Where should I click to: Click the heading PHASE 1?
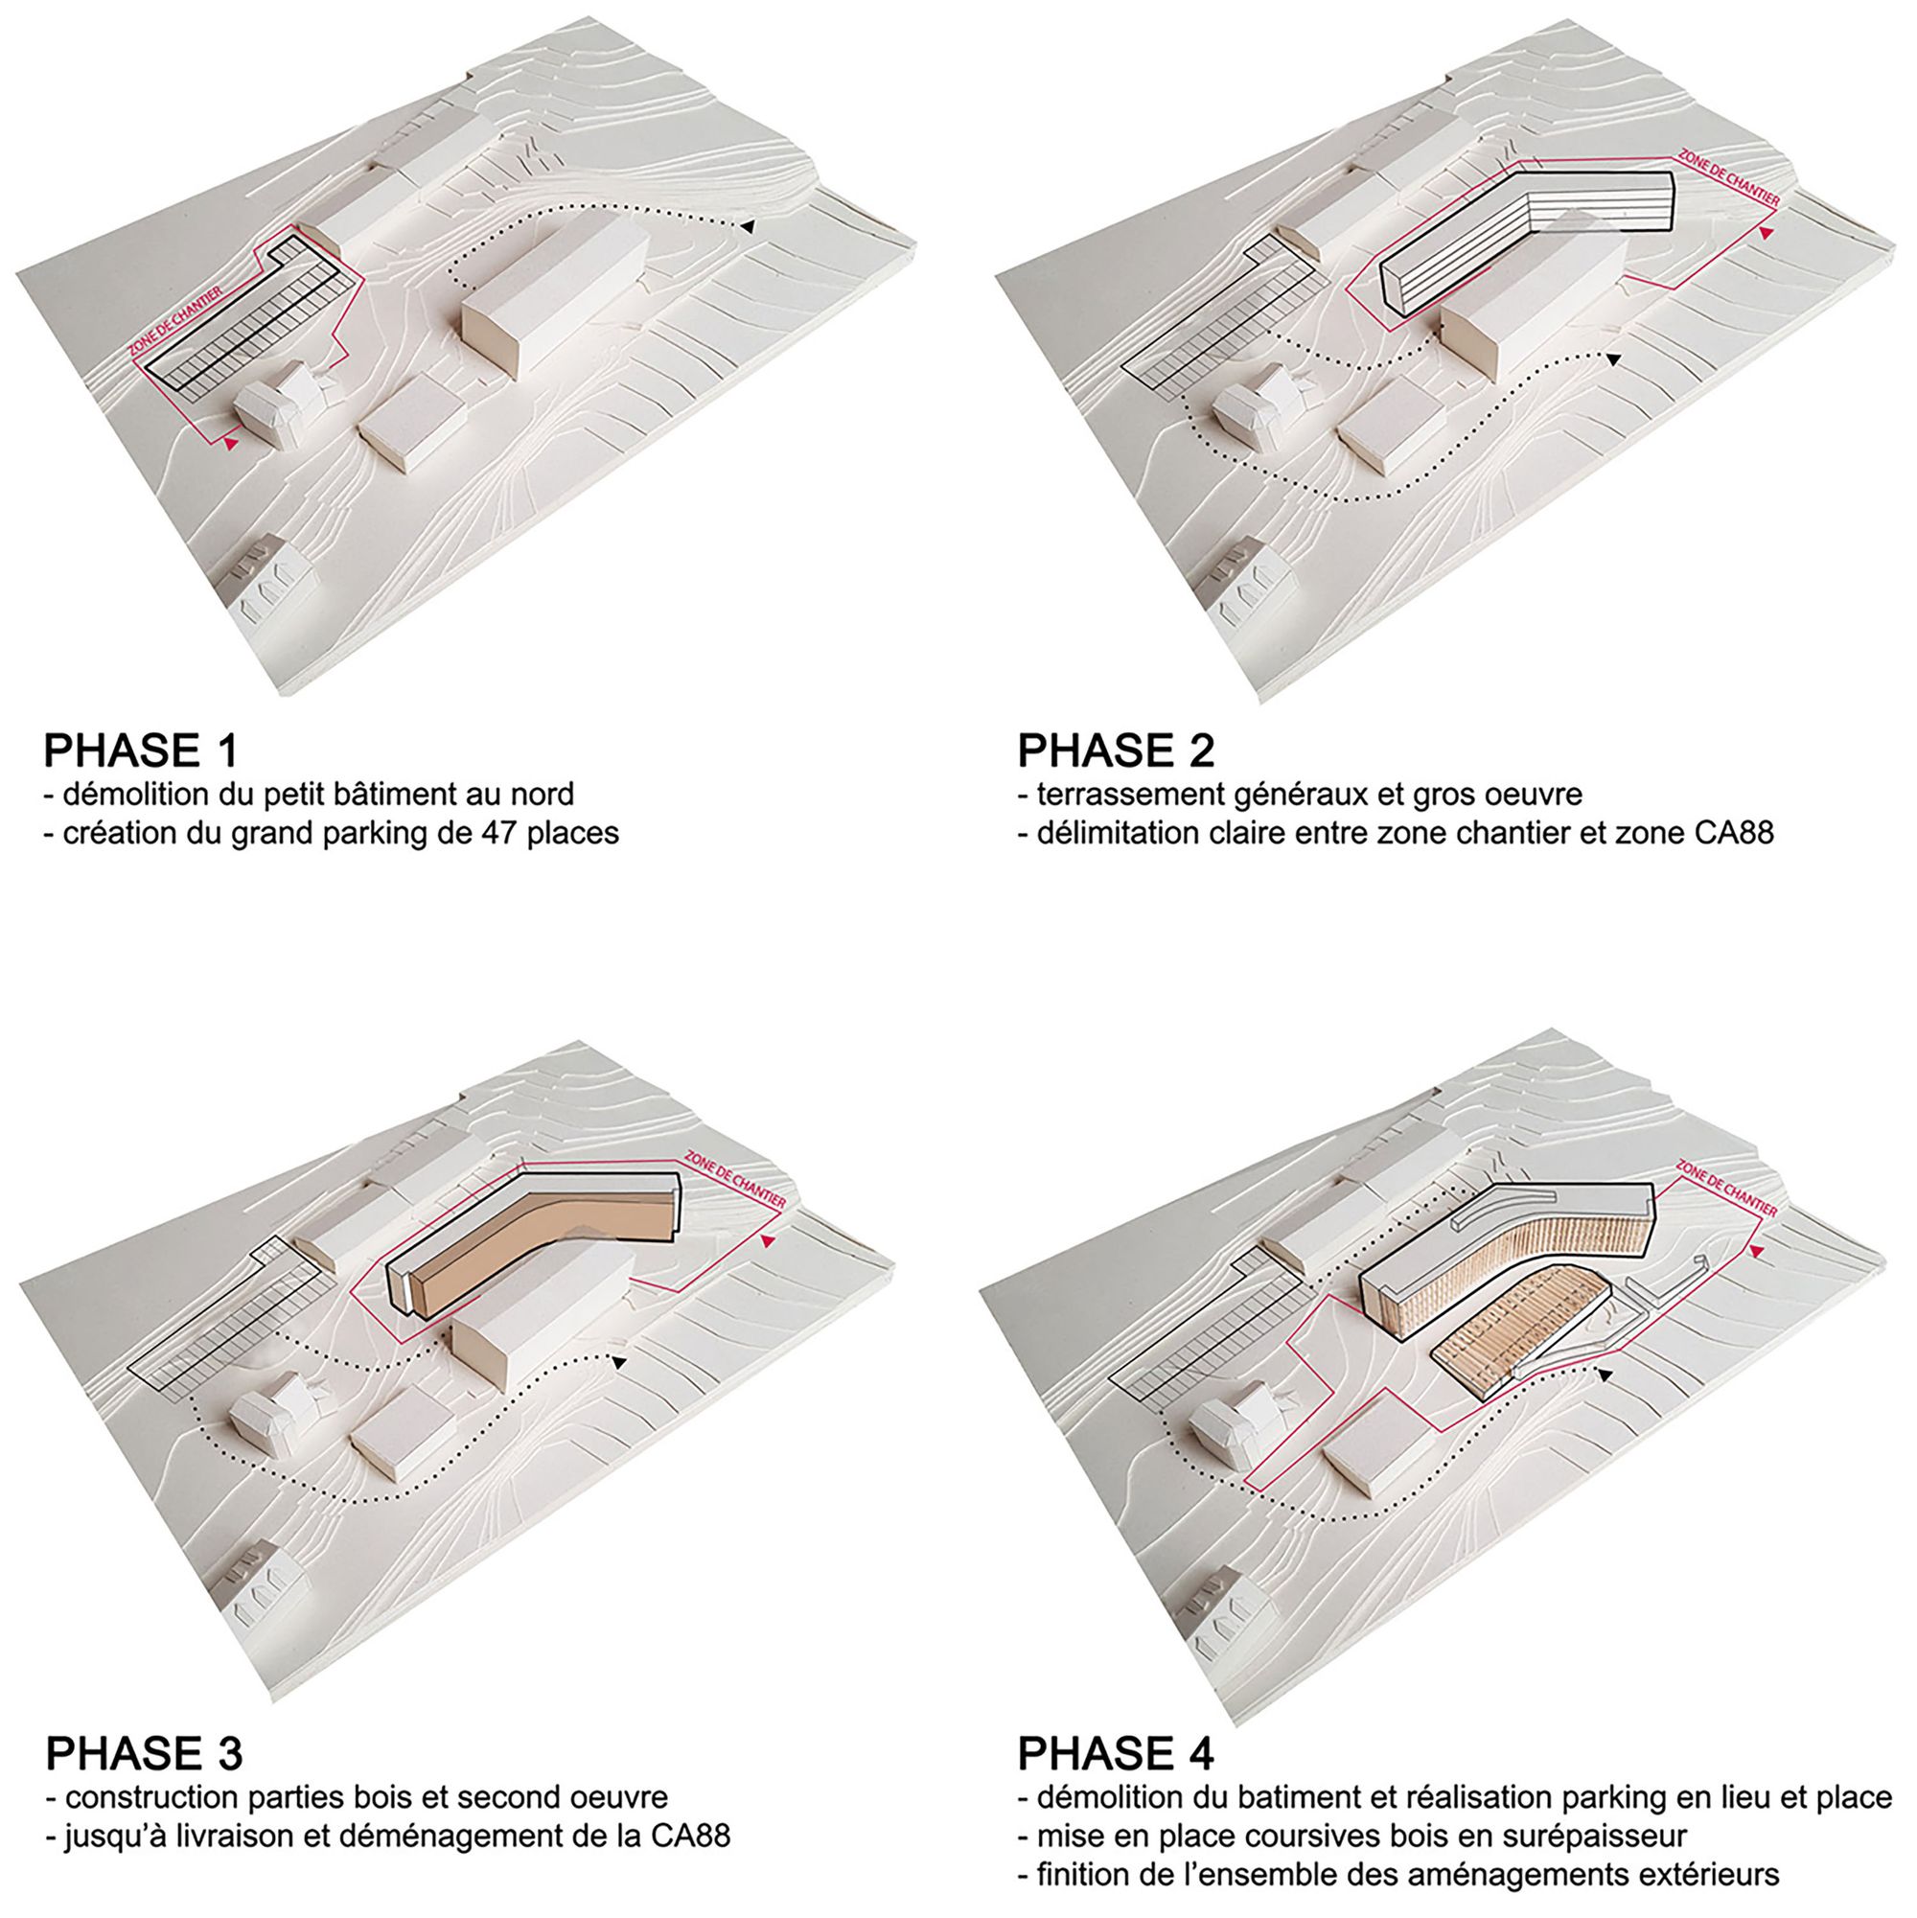[140, 751]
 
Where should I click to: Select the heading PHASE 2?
[1115, 751]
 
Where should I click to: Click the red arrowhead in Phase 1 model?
[231, 444]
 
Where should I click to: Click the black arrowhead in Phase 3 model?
[618, 1363]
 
